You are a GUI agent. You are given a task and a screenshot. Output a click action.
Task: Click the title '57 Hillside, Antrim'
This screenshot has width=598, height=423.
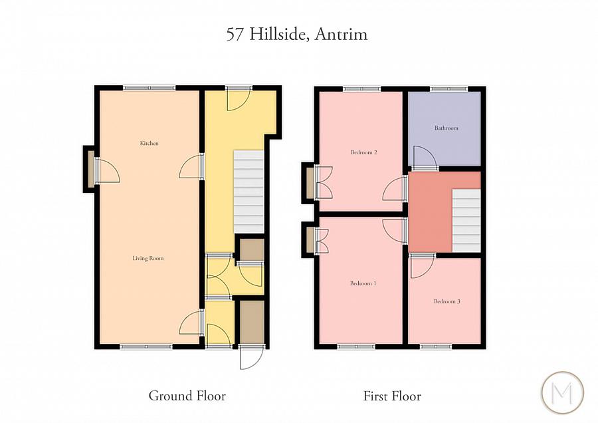[296, 35]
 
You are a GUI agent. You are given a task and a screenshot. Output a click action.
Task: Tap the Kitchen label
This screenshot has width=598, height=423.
[149, 144]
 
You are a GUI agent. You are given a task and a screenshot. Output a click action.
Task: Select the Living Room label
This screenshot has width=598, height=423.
[149, 258]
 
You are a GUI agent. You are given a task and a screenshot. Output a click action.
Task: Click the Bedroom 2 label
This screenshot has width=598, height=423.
[364, 152]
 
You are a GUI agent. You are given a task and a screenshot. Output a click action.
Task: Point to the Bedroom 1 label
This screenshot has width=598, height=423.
[363, 283]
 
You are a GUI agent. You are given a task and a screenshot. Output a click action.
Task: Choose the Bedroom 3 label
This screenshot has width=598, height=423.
[447, 301]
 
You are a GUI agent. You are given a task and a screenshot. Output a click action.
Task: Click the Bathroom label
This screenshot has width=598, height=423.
[447, 128]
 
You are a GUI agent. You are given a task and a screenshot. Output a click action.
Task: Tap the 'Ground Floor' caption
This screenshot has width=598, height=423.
[187, 396]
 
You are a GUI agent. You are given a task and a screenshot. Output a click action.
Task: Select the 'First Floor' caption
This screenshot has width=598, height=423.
[392, 396]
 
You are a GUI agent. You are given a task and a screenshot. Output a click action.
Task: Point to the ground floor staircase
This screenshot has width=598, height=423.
[249, 192]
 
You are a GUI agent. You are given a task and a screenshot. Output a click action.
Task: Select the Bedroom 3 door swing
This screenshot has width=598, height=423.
[421, 267]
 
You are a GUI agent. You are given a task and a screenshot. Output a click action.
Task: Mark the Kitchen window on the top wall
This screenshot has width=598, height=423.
[149, 87]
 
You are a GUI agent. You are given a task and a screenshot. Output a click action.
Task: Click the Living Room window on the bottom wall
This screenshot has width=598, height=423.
[146, 346]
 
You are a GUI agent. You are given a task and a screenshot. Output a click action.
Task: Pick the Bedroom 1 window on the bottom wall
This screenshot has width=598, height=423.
[355, 346]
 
